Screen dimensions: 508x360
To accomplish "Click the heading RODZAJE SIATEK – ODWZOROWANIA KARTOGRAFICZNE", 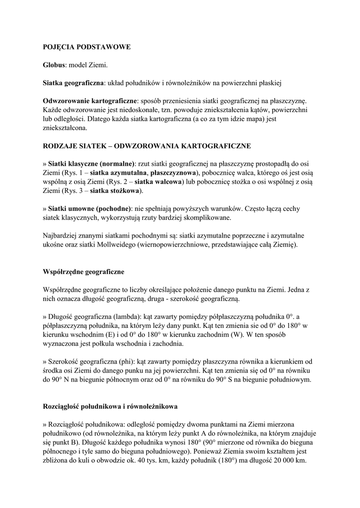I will [x=147, y=146].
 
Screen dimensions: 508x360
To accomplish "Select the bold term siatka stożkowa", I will [x=117, y=190].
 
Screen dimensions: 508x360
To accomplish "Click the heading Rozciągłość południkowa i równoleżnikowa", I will [x=110, y=406].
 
